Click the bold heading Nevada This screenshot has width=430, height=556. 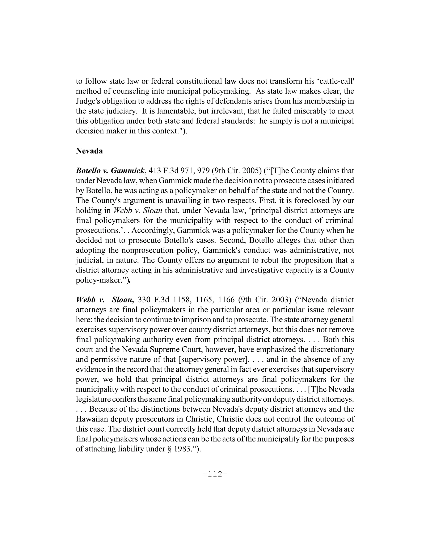tap(89, 151)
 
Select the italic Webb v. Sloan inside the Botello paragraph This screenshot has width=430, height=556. tap(138, 210)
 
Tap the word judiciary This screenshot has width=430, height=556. tap(122, 111)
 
